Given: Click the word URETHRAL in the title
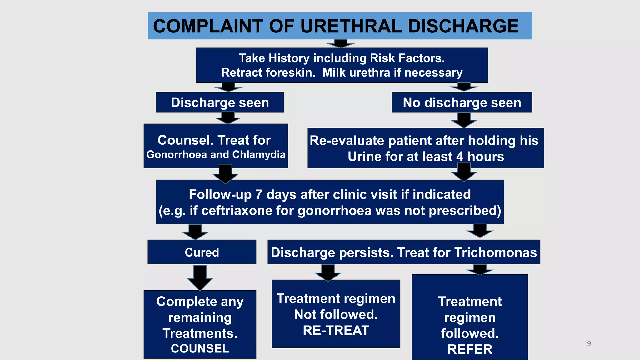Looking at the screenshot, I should pyautogui.click(x=351, y=26).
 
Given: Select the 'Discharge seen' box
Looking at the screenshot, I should pyautogui.click(x=220, y=102).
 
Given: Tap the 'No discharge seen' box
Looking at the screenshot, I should pyautogui.click(x=462, y=102).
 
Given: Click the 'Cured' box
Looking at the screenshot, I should pyautogui.click(x=202, y=252).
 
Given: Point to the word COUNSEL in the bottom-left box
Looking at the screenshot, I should pyautogui.click(x=200, y=348).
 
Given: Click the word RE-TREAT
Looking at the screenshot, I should pyautogui.click(x=336, y=331).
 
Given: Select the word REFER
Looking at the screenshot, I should pyautogui.click(x=470, y=349).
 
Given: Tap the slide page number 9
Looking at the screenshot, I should pyautogui.click(x=589, y=344).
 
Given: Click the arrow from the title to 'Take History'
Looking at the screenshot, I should pyautogui.click(x=341, y=43).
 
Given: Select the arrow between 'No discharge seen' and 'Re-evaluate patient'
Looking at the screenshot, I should pyautogui.click(x=464, y=120).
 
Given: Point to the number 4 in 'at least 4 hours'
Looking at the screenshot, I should pyautogui.click(x=460, y=157).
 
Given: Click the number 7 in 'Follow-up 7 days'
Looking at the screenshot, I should pyautogui.click(x=258, y=195).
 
